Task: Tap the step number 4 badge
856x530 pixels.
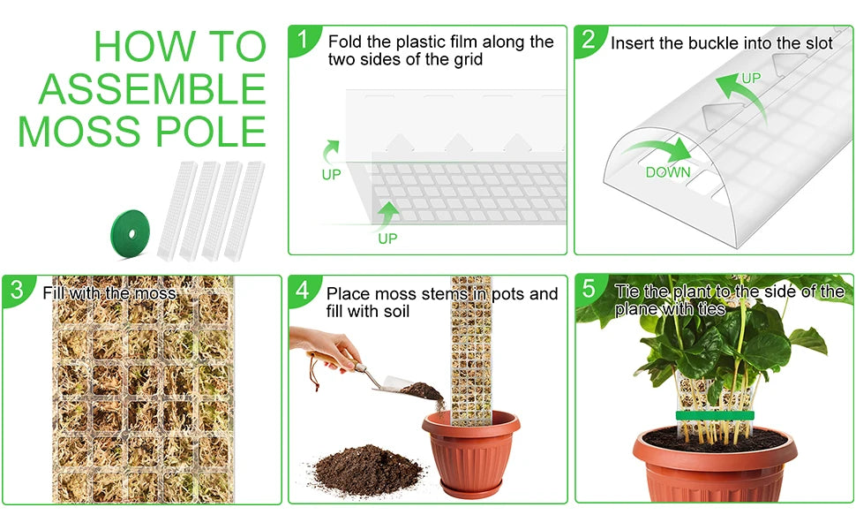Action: click(304, 290)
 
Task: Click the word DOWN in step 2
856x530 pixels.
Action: click(668, 172)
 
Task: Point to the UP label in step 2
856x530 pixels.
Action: click(751, 79)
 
